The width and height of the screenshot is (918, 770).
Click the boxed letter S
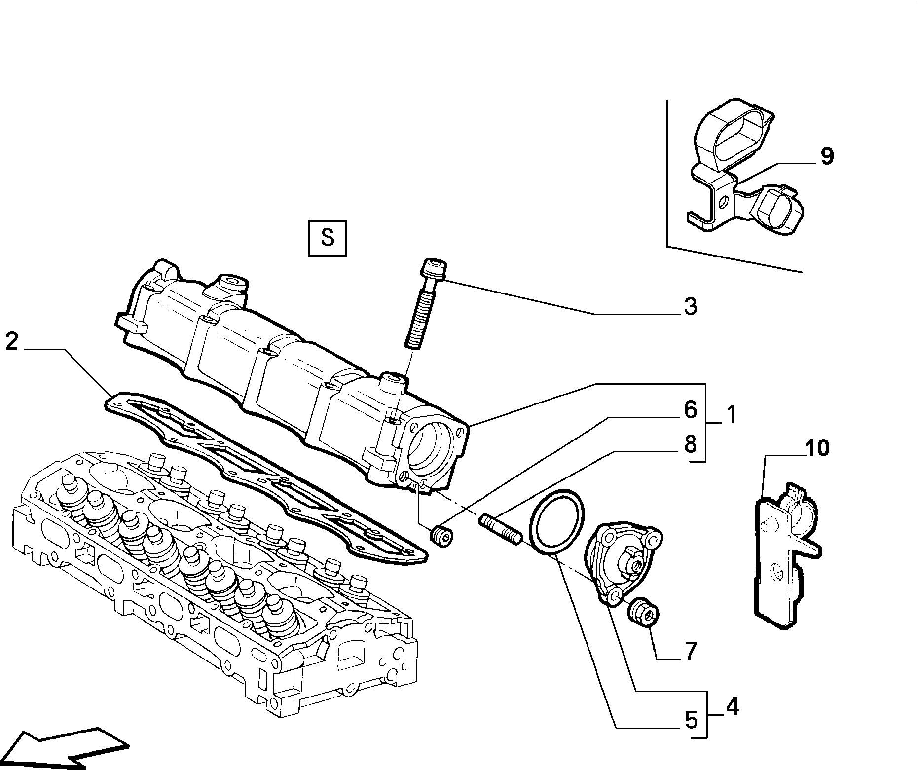pos(328,238)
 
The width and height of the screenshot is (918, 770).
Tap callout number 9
pos(827,156)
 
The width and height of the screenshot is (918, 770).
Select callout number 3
pos(690,306)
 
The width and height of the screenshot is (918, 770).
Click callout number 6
pos(690,409)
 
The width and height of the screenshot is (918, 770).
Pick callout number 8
pos(690,444)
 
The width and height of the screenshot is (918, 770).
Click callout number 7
pos(690,652)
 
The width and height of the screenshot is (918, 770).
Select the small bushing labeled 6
pos(442,537)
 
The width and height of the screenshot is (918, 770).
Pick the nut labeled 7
pos(643,613)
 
